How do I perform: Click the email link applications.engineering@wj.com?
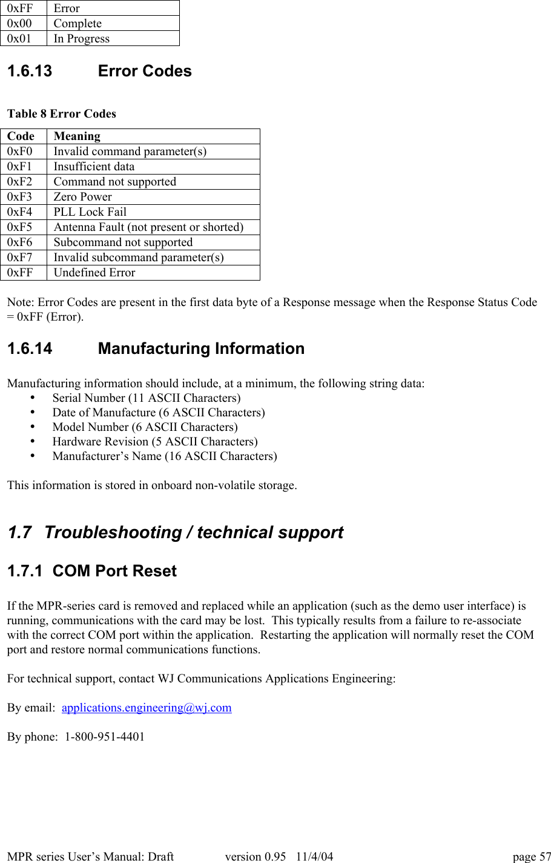[x=147, y=707]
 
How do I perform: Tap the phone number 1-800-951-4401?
[x=105, y=736]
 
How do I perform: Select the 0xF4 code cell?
[x=20, y=212]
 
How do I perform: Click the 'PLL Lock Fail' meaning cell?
[x=90, y=212]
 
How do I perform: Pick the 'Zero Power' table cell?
[x=83, y=197]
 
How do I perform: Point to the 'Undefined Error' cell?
[x=94, y=273]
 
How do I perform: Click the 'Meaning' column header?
[x=77, y=136]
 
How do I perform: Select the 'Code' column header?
[x=21, y=136]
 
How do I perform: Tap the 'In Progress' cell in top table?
[x=82, y=39]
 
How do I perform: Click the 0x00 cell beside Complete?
[x=19, y=24]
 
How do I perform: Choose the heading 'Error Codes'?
[x=145, y=71]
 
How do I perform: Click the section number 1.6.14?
[x=30, y=348]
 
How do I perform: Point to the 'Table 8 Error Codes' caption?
[x=62, y=114]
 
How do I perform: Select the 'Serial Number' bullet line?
[x=146, y=398]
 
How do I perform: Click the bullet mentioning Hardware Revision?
[x=154, y=442]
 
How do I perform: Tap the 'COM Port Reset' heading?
[x=114, y=571]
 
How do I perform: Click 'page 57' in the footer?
[x=532, y=856]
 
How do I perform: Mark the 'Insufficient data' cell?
[x=94, y=167]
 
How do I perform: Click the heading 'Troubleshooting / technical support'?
[x=193, y=532]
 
